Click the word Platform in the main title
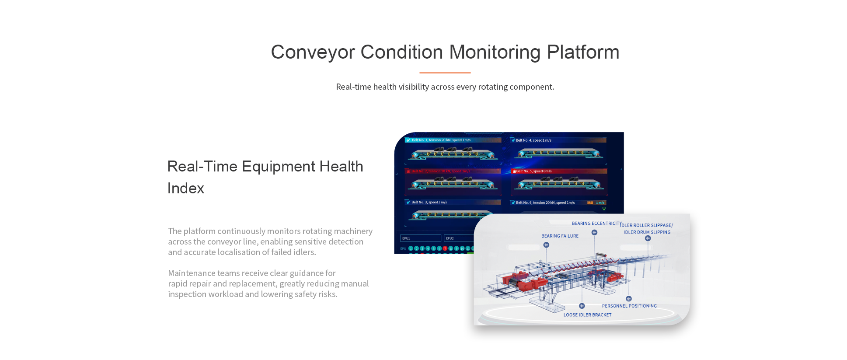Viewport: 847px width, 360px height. pos(583,52)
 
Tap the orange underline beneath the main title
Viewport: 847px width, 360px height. pos(445,73)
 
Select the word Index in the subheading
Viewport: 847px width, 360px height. pos(186,189)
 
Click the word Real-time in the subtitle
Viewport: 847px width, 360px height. pos(353,87)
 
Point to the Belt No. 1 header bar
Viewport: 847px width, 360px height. pos(453,140)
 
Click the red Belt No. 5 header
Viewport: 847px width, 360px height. pos(559,171)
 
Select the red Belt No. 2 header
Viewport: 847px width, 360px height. pos(453,171)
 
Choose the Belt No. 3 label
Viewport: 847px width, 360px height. pos(429,203)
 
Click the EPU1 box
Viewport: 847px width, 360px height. pos(420,238)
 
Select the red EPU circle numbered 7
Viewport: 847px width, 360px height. pos(445,248)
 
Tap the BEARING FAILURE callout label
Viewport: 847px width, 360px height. pos(560,236)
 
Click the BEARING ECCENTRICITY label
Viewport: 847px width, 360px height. pos(596,224)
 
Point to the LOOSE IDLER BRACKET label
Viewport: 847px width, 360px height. pos(587,315)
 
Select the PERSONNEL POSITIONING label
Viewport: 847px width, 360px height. pos(629,306)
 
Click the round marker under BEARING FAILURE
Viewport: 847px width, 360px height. pos(546,245)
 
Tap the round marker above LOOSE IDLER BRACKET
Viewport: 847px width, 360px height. pos(582,306)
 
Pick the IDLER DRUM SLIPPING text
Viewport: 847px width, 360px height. pos(647,232)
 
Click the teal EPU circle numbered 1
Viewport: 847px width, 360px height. pos(411,248)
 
